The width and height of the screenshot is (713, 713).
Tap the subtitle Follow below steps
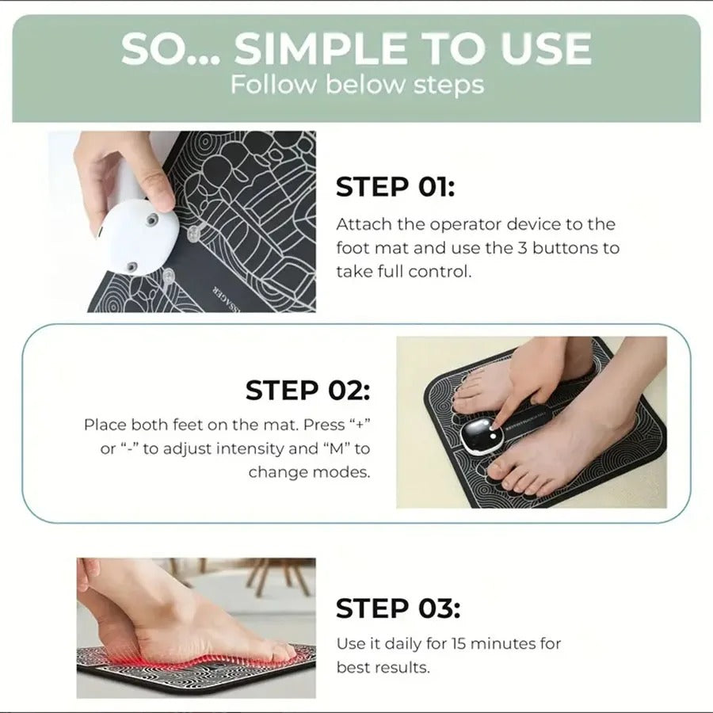(356, 85)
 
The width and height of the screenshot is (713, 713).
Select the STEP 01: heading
(395, 188)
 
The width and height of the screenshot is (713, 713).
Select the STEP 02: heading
(307, 390)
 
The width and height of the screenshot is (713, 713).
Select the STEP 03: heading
(397, 608)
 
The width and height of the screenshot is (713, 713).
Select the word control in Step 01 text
(439, 272)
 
